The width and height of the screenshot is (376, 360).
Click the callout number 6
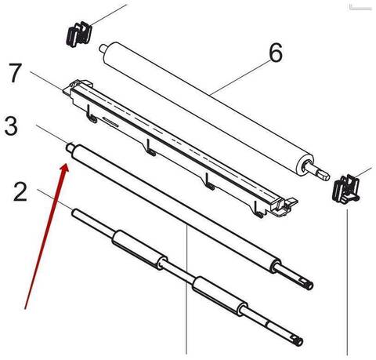[x=276, y=53]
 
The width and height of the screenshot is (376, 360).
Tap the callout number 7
[x=15, y=73]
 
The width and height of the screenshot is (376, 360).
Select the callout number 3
[x=11, y=126]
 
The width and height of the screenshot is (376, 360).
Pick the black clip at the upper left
[x=79, y=34]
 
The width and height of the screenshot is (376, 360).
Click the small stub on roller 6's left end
[x=103, y=48]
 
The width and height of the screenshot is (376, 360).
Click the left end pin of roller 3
[x=70, y=147]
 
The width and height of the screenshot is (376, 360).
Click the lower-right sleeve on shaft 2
[x=219, y=296]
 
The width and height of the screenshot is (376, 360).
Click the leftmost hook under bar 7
[x=92, y=115]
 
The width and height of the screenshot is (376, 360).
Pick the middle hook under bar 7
[x=150, y=148]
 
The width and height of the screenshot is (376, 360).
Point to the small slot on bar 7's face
[x=110, y=122]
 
